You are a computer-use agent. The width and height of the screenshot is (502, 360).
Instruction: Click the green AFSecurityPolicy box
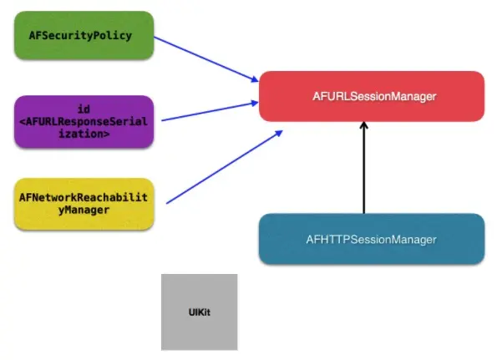coord(84,35)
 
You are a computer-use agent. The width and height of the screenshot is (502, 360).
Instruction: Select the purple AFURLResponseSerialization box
coord(84,121)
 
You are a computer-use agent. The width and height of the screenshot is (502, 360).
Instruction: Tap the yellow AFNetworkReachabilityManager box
coord(84,203)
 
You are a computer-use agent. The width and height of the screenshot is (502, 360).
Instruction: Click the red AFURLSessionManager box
coord(372,96)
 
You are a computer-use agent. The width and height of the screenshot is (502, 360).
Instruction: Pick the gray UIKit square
coord(199,311)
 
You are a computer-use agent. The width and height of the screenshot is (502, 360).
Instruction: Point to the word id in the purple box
coord(84,109)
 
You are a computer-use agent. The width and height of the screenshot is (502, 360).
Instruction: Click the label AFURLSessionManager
coord(372,97)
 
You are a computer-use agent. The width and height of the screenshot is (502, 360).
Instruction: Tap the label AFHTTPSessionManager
coord(372,239)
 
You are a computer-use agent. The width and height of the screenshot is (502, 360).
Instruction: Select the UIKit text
coord(199,312)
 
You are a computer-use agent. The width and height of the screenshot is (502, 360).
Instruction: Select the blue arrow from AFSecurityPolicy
coord(205,58)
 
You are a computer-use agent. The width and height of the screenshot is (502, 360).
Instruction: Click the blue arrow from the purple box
coord(209,112)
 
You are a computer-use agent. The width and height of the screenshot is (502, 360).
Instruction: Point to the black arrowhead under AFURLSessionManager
coord(363,128)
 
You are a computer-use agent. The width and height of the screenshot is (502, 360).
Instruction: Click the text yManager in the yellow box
coord(84,210)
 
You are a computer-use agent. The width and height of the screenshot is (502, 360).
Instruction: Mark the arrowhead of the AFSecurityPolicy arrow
coord(254,79)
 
